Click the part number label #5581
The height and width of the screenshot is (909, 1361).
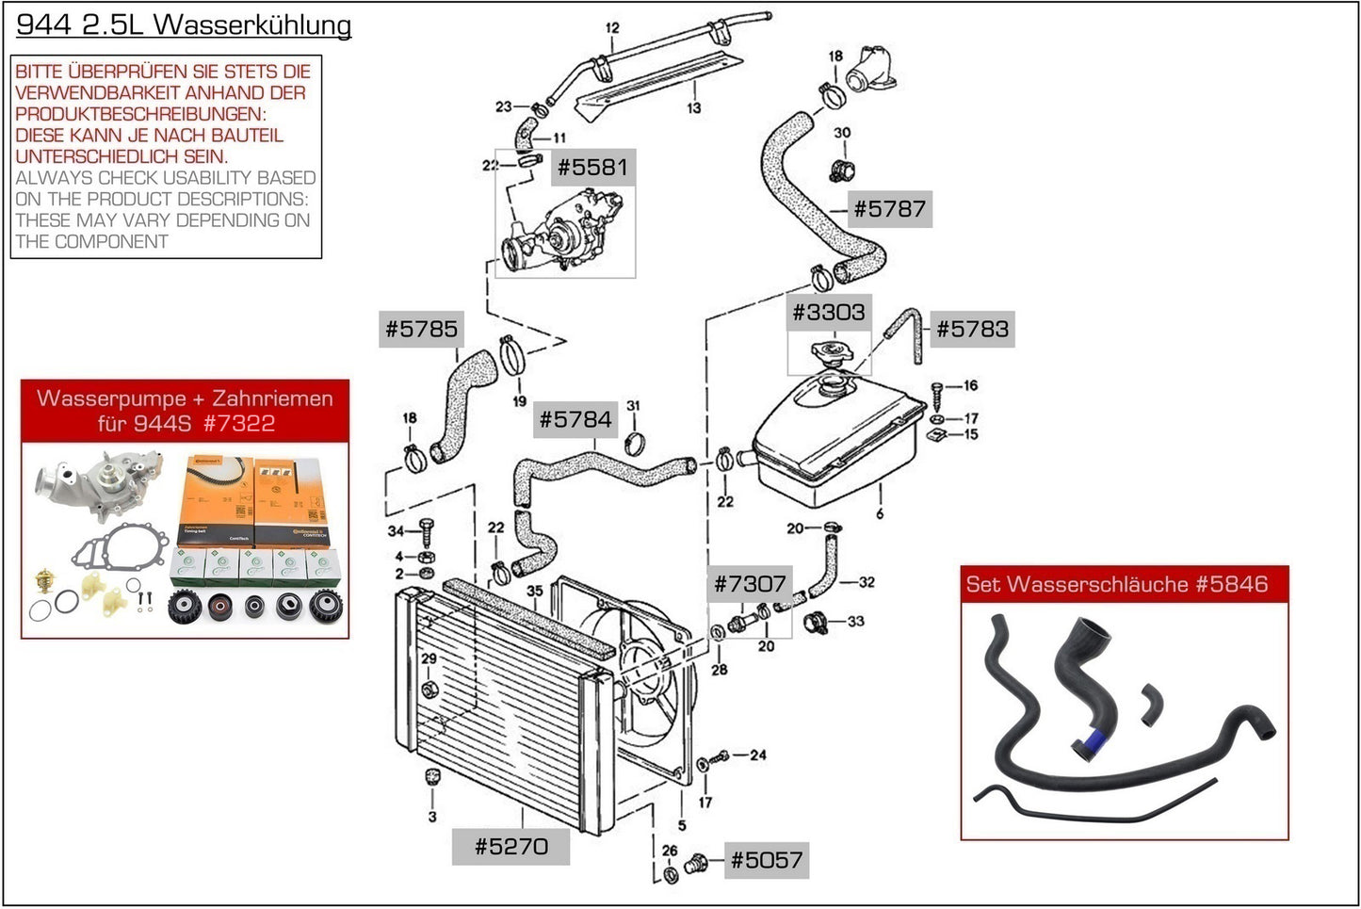(592, 168)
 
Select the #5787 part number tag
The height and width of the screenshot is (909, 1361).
(889, 208)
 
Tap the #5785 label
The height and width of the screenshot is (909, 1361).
(421, 329)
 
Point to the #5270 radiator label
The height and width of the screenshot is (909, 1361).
(510, 846)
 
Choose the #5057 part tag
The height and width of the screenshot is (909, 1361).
(767, 860)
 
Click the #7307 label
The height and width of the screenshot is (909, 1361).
(750, 584)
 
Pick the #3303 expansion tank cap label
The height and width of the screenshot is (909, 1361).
(828, 312)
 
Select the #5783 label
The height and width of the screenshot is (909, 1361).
(972, 329)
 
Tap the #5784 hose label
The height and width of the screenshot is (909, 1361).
(575, 419)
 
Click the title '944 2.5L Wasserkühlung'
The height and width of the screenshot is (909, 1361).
(184, 24)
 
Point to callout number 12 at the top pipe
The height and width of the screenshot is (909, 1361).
(612, 28)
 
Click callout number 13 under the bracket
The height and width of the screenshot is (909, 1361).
(693, 108)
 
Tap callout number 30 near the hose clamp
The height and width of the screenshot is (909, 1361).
(842, 133)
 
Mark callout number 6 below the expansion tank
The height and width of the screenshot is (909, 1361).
(880, 513)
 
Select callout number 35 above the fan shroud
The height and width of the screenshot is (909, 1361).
(535, 592)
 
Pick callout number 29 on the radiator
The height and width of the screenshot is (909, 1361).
(429, 658)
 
